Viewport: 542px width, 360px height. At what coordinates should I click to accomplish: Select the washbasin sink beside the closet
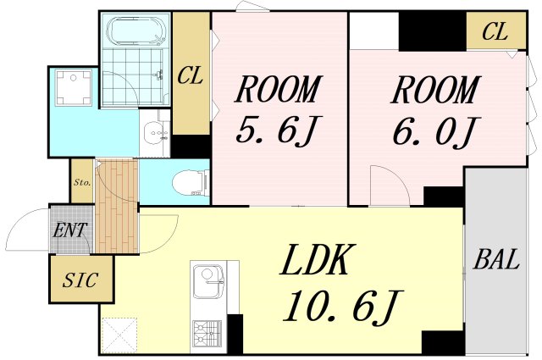coord(155,134)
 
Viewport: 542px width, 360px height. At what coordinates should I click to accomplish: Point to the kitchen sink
coord(207,283)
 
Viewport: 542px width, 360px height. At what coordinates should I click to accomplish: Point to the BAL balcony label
coord(496,260)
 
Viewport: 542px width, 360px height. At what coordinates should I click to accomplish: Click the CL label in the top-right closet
coord(495,32)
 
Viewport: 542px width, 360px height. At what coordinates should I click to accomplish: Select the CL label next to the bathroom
coord(191,75)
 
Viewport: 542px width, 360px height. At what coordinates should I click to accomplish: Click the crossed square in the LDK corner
coord(119,335)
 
